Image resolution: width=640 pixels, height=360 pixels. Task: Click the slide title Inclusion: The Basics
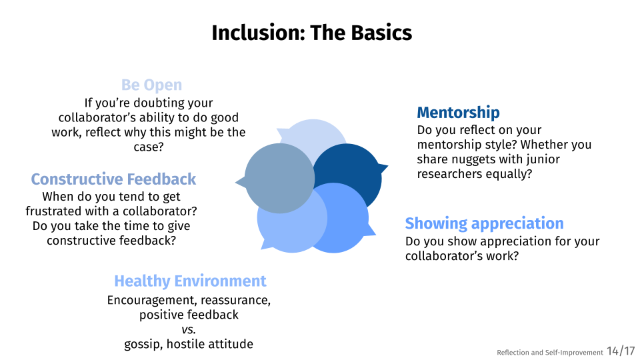pos(312,33)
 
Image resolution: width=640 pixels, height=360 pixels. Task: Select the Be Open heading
pos(151,85)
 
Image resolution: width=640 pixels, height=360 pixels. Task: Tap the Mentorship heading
pos(458,112)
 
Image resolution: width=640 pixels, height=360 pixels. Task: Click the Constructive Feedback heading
pos(113,179)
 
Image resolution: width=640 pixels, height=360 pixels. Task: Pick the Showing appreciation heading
pos(484,223)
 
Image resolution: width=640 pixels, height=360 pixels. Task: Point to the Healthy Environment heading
pos(190,281)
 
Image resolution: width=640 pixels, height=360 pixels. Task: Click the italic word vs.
pos(189,329)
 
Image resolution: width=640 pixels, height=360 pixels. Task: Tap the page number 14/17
pos(621,351)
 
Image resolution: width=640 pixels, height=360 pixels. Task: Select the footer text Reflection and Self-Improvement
pos(550,352)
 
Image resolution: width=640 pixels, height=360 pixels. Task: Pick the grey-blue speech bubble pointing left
pos(277,179)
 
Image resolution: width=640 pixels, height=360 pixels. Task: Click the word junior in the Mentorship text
pos(545,159)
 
